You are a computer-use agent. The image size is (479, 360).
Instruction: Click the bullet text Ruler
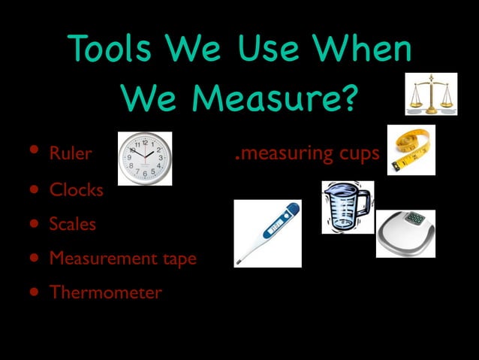click(x=70, y=154)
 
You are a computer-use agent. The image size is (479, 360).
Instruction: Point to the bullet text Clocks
click(x=77, y=189)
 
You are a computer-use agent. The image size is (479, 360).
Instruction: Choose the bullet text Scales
click(x=73, y=224)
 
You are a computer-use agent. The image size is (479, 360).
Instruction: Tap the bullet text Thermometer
click(x=105, y=292)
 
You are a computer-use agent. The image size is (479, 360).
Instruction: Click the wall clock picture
click(x=145, y=158)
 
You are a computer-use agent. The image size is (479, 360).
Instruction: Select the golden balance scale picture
click(x=431, y=94)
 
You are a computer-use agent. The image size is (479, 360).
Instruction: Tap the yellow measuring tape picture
click(x=411, y=150)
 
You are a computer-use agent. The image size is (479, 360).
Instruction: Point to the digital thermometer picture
click(x=267, y=233)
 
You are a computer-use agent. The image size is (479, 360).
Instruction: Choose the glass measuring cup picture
click(x=346, y=207)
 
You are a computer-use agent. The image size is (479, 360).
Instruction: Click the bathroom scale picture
click(x=405, y=233)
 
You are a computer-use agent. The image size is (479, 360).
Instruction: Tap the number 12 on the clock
click(x=145, y=142)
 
